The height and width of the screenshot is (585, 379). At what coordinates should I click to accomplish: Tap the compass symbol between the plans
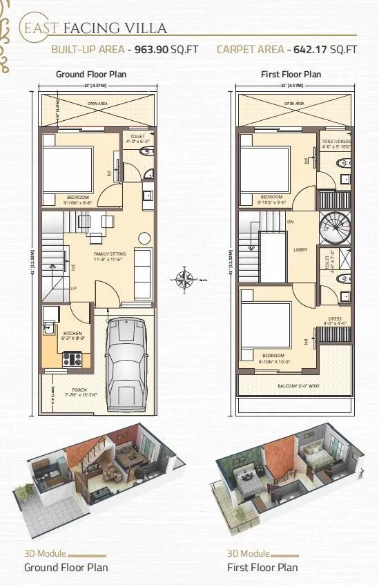(x=184, y=280)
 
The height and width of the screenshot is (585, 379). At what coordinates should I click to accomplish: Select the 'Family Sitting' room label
(x=110, y=255)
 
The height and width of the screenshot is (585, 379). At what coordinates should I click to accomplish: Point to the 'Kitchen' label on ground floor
(x=72, y=334)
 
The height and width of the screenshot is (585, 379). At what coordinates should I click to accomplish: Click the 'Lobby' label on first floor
(x=300, y=250)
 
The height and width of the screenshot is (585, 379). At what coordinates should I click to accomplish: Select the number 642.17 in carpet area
(x=309, y=50)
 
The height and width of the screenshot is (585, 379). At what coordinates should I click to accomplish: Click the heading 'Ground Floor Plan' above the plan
(x=91, y=74)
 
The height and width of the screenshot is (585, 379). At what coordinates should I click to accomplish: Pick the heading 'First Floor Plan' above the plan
(x=291, y=74)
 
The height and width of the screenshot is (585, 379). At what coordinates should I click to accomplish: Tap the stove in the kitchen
(x=72, y=358)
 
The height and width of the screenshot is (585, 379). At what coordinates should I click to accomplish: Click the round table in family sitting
(x=144, y=238)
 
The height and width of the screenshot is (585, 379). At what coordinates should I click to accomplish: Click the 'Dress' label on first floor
(x=336, y=319)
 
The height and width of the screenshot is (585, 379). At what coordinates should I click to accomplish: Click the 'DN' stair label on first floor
(x=291, y=222)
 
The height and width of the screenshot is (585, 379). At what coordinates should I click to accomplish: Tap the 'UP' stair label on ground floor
(x=73, y=289)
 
